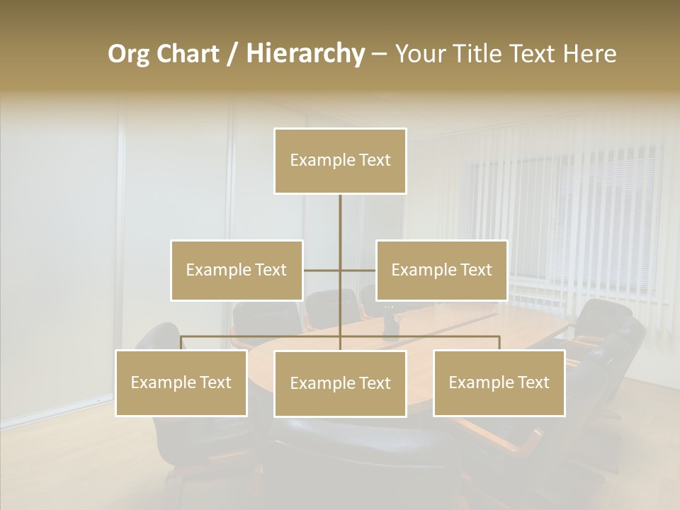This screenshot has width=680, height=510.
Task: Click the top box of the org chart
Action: click(340, 161)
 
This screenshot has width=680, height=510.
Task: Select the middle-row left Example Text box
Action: click(237, 270)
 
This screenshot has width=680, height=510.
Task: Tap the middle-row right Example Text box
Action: click(441, 270)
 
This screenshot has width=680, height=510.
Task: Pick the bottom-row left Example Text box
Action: click(181, 382)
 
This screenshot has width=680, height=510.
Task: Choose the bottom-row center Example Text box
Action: click(340, 383)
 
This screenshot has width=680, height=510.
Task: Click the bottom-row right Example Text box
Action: click(499, 382)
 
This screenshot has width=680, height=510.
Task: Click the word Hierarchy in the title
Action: click(305, 54)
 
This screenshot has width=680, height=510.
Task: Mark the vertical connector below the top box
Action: click(340, 220)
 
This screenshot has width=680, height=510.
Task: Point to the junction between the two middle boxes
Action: click(340, 270)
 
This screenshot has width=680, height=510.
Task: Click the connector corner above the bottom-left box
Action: click(182, 337)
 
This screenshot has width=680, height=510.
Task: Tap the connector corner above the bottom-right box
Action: click(499, 337)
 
